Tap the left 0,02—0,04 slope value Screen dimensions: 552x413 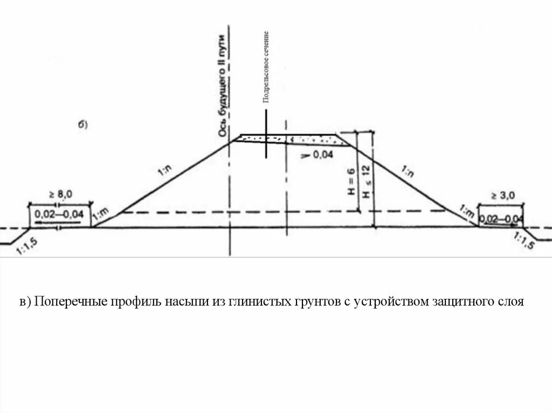coord(59,214)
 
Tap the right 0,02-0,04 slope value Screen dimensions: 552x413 coord(501,219)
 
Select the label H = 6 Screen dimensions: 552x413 coord(350,183)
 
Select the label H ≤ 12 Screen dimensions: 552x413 coord(366,183)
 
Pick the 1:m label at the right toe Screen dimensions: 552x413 coord(467,211)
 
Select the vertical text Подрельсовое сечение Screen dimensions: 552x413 coord(266,67)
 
